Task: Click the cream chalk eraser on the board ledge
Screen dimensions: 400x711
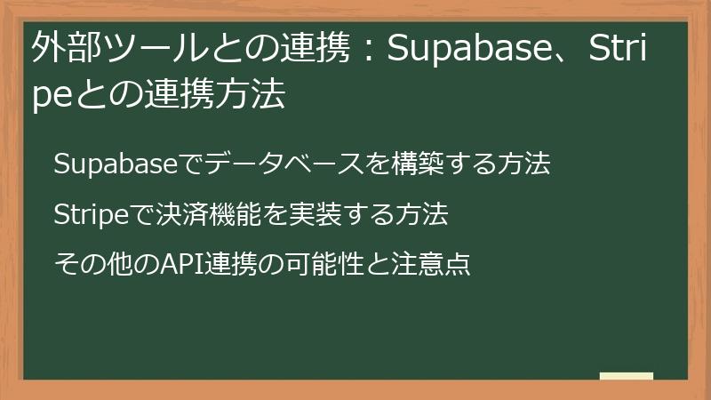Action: (x=627, y=376)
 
